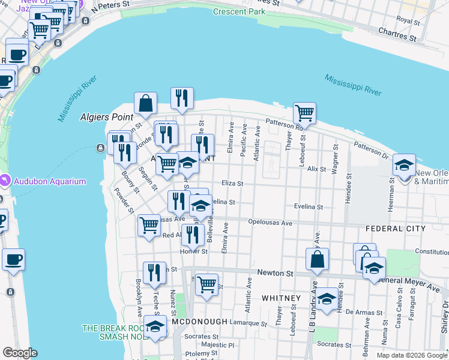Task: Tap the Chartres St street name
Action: pos(397,34)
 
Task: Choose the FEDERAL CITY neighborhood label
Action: pos(394,229)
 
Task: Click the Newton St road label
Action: pos(274,273)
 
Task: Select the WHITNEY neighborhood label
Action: pos(281,298)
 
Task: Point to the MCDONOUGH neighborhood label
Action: pos(199,322)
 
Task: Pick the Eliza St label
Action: pos(232,184)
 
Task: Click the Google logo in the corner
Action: pos(20,353)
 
